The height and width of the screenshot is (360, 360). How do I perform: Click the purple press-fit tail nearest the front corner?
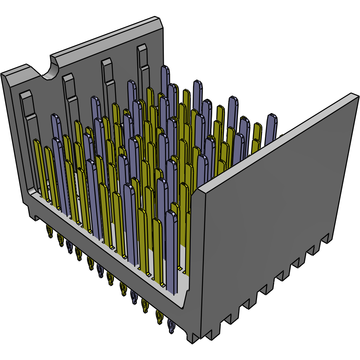click(x=171, y=327)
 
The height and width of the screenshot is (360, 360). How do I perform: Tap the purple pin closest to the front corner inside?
click(x=171, y=250)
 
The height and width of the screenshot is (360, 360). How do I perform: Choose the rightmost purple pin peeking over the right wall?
click(x=271, y=129)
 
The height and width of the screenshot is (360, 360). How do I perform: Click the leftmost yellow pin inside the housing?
click(x=39, y=168)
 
